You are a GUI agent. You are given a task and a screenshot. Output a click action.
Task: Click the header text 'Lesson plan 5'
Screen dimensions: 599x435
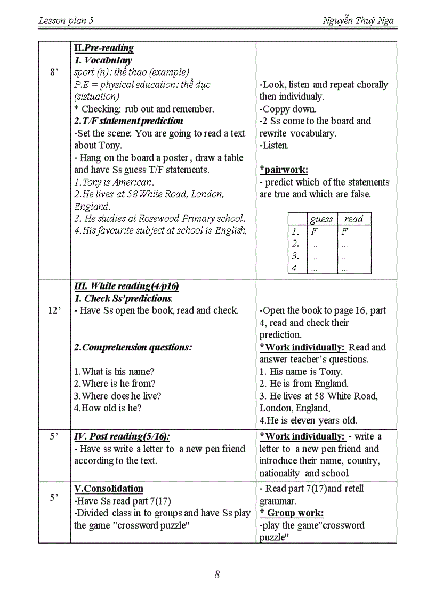pyautogui.click(x=66, y=21)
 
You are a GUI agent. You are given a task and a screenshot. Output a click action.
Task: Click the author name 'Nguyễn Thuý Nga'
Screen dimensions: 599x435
pyautogui.click(x=358, y=21)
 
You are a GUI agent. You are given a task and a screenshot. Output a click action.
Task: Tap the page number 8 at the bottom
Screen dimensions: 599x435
pyautogui.click(x=217, y=574)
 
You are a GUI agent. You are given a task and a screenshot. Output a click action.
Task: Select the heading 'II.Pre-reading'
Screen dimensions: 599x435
pyautogui.click(x=103, y=48)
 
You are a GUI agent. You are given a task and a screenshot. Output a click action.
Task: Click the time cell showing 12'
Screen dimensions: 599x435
pyautogui.click(x=54, y=310)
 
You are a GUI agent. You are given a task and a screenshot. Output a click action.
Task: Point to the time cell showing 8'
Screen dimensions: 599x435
pyautogui.click(x=54, y=72)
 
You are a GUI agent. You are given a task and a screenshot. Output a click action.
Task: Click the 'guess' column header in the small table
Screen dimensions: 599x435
pyautogui.click(x=321, y=219)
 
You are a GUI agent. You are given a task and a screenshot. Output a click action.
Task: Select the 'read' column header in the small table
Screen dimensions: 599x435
pyautogui.click(x=353, y=219)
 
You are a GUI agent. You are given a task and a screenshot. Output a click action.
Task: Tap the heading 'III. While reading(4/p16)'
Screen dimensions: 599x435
pyautogui.click(x=126, y=286)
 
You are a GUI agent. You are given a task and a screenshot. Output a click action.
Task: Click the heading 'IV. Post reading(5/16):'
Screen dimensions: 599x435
pyautogui.click(x=122, y=437)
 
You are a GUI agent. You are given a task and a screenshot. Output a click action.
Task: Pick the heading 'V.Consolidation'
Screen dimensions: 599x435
pyautogui.click(x=109, y=489)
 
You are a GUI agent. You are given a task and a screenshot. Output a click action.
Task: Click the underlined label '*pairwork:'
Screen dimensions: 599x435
pyautogui.click(x=284, y=170)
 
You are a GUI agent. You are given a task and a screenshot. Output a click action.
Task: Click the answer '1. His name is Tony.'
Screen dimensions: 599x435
pyautogui.click(x=301, y=372)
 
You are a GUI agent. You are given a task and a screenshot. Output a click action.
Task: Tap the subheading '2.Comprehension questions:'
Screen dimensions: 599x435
pyautogui.click(x=133, y=347)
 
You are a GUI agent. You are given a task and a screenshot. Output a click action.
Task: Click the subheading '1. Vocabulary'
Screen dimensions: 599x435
pyautogui.click(x=103, y=60)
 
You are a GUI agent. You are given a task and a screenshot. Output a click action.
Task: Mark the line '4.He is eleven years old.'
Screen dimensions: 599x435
pyautogui.click(x=308, y=420)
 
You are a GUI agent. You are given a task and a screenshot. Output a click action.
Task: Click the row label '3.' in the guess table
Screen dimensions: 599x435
pyautogui.click(x=296, y=256)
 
